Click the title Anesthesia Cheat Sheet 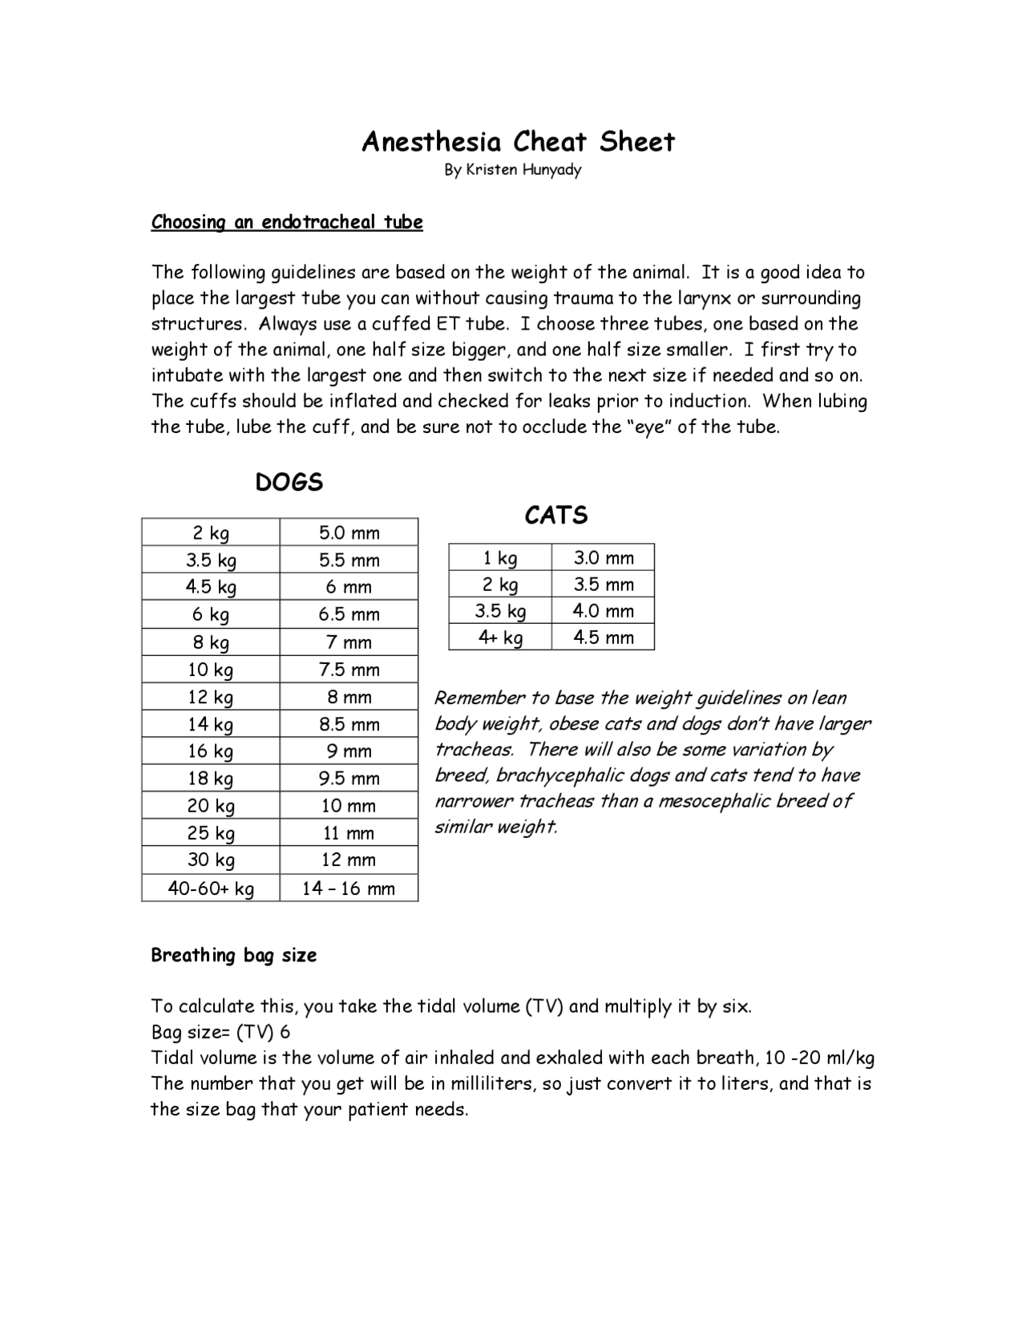coord(518,142)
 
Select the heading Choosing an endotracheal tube coord(287,222)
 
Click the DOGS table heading coord(289,482)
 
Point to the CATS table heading coord(556,515)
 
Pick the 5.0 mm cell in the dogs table coord(349,533)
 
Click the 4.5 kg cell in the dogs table coord(211,587)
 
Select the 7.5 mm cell coord(349,670)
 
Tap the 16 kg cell coord(211,751)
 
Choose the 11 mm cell coord(349,833)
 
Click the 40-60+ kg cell coord(211,889)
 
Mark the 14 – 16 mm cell coord(349,889)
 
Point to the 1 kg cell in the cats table coord(500,558)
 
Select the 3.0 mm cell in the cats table coord(604,558)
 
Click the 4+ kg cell coord(500,638)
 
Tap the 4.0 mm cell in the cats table coord(604,611)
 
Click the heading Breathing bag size coord(234,955)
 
